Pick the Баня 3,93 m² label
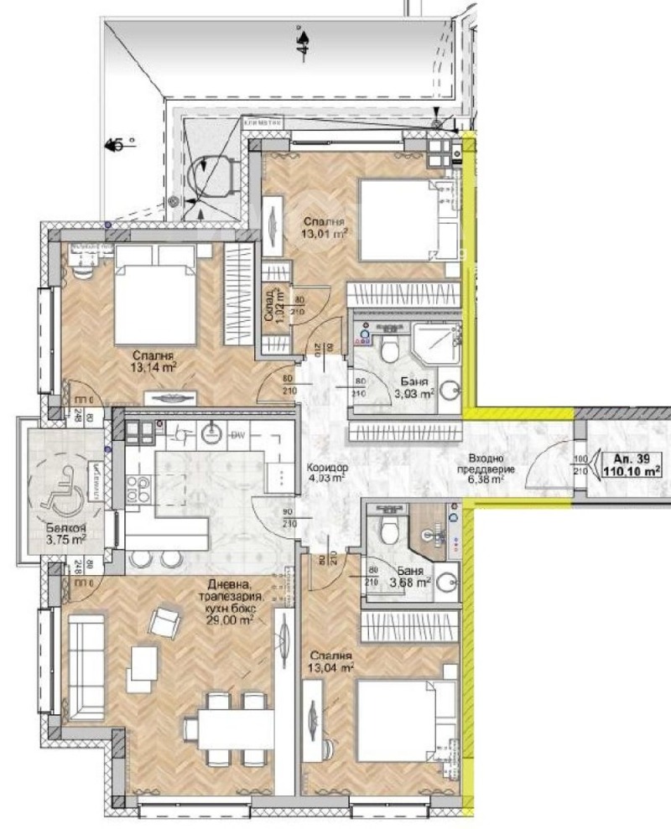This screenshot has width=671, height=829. pos(414,386)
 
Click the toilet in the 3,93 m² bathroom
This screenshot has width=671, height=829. pos(388,349)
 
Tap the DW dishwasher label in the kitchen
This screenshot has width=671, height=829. pos(237,434)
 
